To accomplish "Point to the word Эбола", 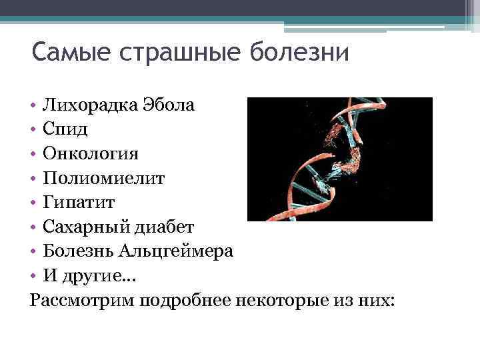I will pyautogui.click(x=169, y=105).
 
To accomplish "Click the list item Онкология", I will pyautogui.click(x=91, y=154).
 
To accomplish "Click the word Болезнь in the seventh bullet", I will pyautogui.click(x=79, y=251).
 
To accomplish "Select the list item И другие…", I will pyautogui.click(x=84, y=275).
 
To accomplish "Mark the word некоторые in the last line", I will pyautogui.click(x=279, y=300).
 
